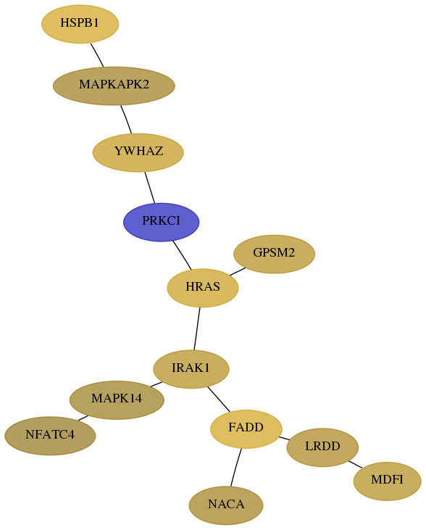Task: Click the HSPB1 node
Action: coord(80,24)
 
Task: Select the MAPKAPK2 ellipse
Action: coord(114,86)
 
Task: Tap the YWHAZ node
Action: coord(138,152)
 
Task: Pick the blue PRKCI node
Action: coord(161,222)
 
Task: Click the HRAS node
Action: coord(203,288)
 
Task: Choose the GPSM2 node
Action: coord(275,254)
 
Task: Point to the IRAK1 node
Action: coord(191,369)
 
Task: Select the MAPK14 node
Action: coord(117,400)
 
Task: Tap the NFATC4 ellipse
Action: coord(50,436)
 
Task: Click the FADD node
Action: coord(246,429)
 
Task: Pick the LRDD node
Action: coord(322,447)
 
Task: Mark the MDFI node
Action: coord(388,481)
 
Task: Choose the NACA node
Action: coord(226,505)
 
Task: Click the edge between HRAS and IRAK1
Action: coord(197,328)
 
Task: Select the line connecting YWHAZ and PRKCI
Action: coord(150,188)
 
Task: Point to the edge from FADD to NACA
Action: coord(236,468)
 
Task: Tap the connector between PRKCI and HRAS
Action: coord(182,255)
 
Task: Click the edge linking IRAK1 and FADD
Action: coord(219,399)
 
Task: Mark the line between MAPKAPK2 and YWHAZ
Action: coord(126,120)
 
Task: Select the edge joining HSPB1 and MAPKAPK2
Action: coord(97,55)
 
